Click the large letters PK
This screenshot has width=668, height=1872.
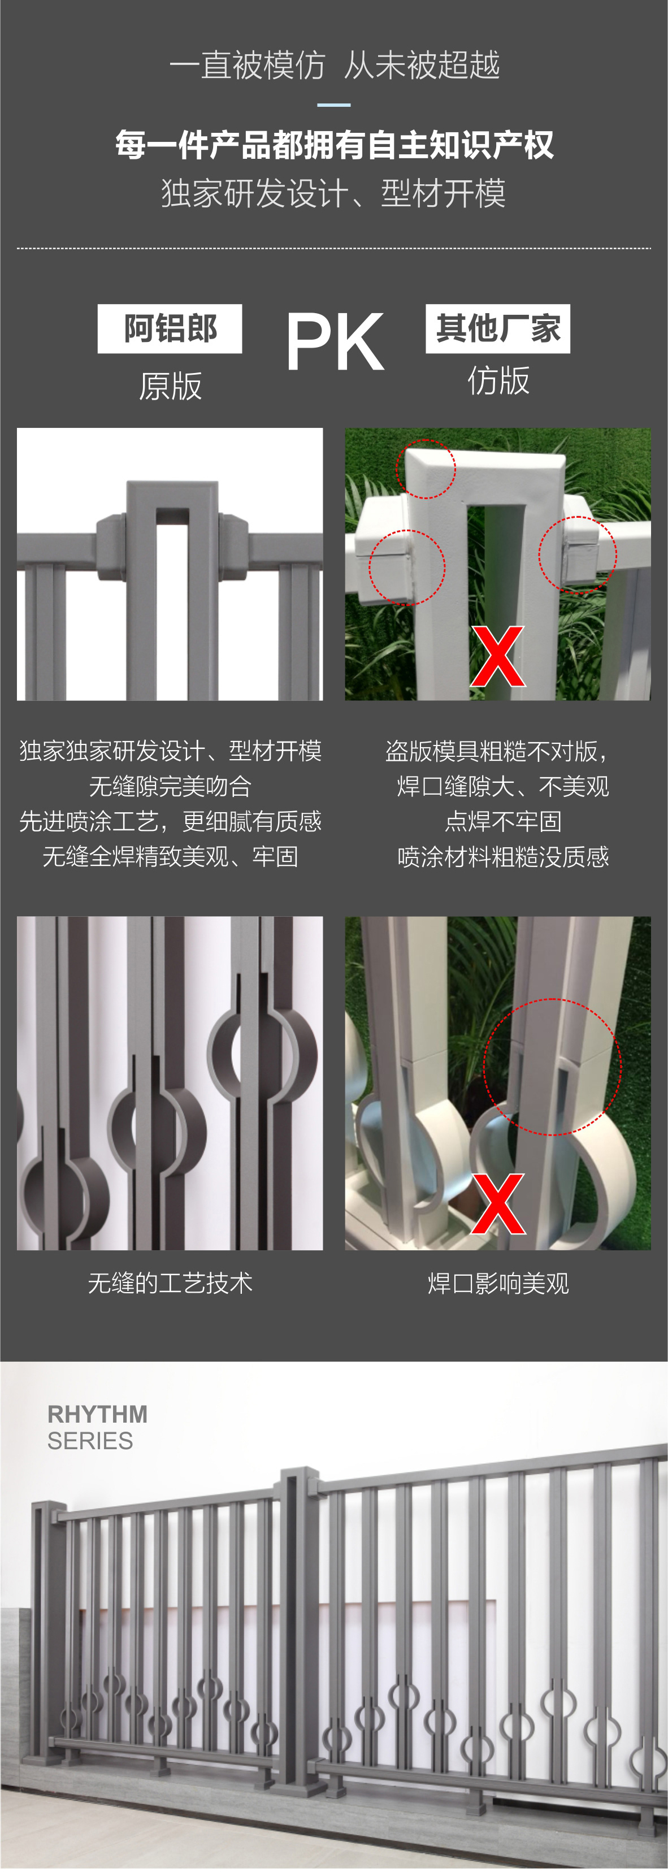335,341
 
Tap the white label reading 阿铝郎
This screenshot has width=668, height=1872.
170,328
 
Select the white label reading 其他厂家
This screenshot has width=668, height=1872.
498,328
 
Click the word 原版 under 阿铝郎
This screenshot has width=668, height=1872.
170,386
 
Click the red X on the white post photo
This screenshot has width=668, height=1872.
497,656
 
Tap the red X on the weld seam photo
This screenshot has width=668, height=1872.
498,1203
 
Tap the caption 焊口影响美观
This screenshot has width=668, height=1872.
498,1284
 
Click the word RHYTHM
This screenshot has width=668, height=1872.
97,1414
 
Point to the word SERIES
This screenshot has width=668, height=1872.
90,1440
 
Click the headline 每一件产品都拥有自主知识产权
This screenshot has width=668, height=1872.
335,145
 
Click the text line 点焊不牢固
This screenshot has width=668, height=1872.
503,821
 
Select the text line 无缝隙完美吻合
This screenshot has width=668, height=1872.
170,786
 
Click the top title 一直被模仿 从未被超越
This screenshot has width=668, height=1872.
335,64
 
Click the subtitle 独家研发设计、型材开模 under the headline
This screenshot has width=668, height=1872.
333,193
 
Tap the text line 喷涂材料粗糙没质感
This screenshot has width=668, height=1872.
503,857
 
